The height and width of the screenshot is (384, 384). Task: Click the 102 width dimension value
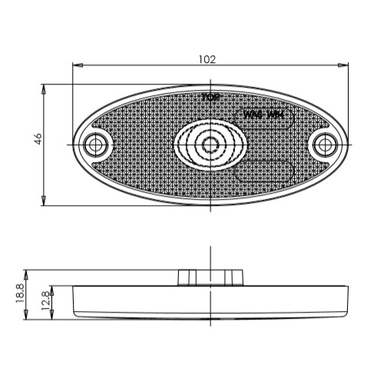[x=207, y=59]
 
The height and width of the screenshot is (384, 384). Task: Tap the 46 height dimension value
[x=38, y=139]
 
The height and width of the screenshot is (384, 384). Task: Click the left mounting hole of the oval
[x=96, y=144]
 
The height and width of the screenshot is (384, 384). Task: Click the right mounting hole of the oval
[x=325, y=144]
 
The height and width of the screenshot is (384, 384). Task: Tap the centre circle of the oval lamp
[x=210, y=144]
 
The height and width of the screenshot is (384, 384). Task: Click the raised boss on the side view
[x=210, y=277]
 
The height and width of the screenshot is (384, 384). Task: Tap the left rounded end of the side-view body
[x=75, y=302]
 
